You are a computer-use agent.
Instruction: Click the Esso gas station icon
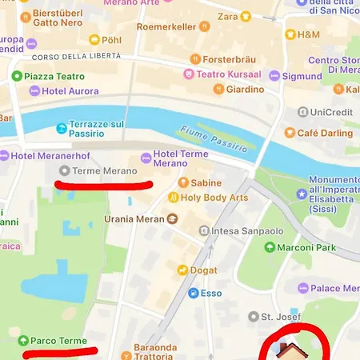click(x=193, y=294)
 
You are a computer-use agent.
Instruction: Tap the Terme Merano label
click(x=104, y=171)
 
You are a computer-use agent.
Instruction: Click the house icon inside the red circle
click(x=289, y=351)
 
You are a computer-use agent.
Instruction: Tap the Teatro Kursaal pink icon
click(x=189, y=74)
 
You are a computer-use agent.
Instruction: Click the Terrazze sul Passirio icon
click(x=62, y=128)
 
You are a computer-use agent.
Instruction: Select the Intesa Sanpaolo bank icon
click(x=204, y=231)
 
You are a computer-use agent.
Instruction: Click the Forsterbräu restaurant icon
click(x=195, y=58)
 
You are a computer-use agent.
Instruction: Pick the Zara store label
click(x=227, y=16)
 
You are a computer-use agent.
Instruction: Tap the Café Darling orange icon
click(x=290, y=133)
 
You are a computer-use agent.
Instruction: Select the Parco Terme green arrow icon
click(x=23, y=341)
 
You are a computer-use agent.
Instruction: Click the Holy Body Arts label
click(x=214, y=198)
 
